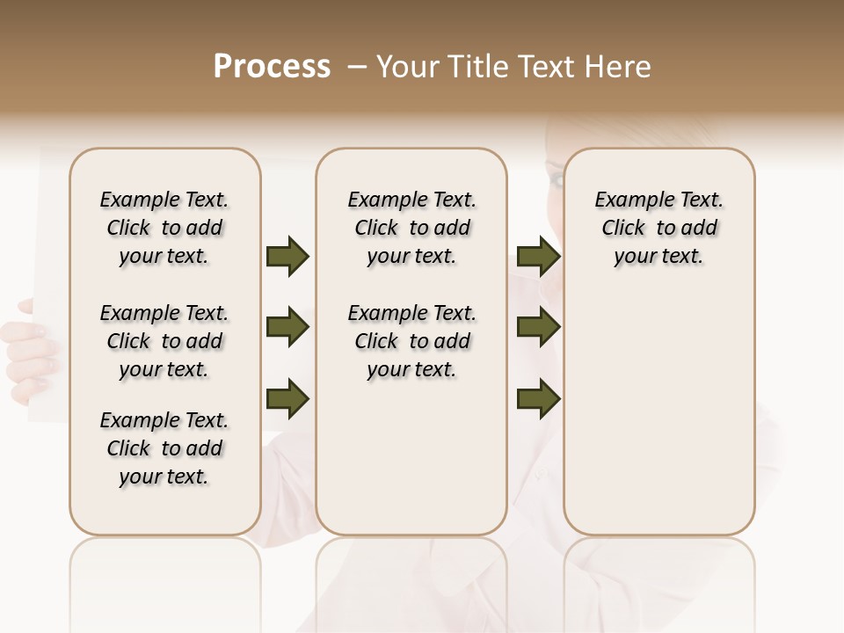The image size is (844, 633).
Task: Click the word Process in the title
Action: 272,67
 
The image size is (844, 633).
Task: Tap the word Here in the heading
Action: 620,67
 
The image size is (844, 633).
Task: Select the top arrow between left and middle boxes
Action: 287,256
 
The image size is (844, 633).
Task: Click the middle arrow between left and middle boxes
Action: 287,328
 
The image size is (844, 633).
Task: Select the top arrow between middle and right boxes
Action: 538,256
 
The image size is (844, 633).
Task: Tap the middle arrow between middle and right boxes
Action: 538,328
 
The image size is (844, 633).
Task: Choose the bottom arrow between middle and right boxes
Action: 538,398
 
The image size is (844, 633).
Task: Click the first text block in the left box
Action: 164,228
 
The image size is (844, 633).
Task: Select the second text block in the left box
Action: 164,341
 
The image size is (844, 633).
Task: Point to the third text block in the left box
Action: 164,448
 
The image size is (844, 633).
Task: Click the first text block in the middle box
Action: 412,228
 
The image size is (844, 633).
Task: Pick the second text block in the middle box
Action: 412,341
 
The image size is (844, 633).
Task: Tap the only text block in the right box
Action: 659,228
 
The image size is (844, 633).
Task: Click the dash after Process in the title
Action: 356,67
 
